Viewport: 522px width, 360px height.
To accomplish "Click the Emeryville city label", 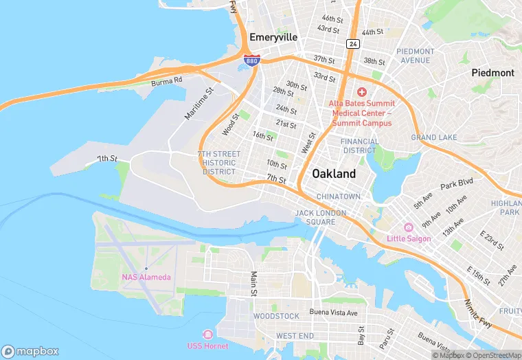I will click(x=273, y=37).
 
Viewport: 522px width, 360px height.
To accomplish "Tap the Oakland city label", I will click(x=334, y=174).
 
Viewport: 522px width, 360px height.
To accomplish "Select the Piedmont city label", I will click(x=492, y=72).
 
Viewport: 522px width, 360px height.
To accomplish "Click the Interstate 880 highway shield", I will click(x=252, y=60).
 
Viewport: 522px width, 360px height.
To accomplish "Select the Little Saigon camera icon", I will click(x=408, y=227).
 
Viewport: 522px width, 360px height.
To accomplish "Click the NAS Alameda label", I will click(x=146, y=278).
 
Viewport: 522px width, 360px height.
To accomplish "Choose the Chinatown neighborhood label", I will click(x=338, y=196).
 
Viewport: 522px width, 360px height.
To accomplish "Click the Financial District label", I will click(x=359, y=146).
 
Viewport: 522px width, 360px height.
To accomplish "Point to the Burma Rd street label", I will click(x=167, y=81).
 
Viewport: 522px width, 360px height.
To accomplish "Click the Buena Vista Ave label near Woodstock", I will click(x=333, y=313).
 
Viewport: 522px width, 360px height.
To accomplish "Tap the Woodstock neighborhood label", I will click(x=276, y=316).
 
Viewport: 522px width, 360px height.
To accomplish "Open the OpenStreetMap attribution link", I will click(x=492, y=355).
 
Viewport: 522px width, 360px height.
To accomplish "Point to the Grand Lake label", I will click(x=433, y=137).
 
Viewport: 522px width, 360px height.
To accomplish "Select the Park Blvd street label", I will click(x=457, y=184).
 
